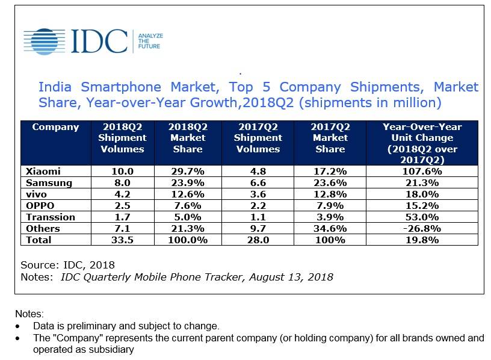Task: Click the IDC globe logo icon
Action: pyautogui.click(x=45, y=40)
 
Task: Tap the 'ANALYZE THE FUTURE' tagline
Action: pyautogui.click(x=150, y=41)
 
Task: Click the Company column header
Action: pyautogui.click(x=55, y=127)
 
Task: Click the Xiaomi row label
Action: pyautogui.click(x=43, y=172)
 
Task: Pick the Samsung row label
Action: pyautogui.click(x=49, y=183)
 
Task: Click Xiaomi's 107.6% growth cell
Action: pyautogui.click(x=421, y=172)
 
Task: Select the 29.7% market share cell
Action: pyautogui.click(x=187, y=172)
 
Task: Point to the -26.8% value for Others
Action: pyautogui.click(x=421, y=229)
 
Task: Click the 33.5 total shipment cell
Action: pyautogui.click(x=122, y=240)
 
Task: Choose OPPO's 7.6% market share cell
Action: pyautogui.click(x=187, y=206)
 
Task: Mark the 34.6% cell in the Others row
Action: pyautogui.click(x=330, y=229)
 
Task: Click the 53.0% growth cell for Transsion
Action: pyautogui.click(x=421, y=217)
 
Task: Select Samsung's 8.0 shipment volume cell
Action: pyautogui.click(x=122, y=183)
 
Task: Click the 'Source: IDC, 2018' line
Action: pyautogui.click(x=67, y=265)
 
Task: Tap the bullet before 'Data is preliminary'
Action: pyautogui.click(x=23, y=326)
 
